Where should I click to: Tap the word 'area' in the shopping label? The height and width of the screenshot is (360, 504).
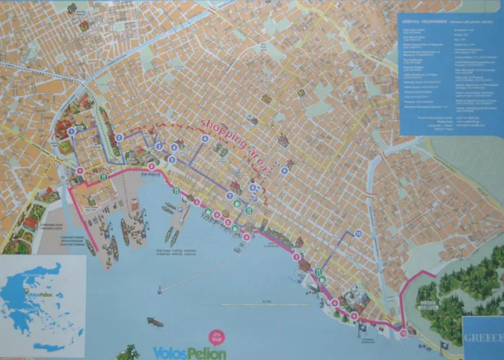(256, 160)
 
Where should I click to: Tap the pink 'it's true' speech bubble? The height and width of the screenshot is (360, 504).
(216, 336)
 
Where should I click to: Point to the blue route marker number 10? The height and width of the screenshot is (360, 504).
(358, 233)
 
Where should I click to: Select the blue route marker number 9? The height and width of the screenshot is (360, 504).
(284, 171)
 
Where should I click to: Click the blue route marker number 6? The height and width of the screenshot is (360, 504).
(205, 138)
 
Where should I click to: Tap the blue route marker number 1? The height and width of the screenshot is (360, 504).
(71, 131)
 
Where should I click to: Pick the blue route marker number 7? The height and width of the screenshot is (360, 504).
(230, 195)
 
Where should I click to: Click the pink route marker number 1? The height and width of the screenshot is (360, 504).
(80, 171)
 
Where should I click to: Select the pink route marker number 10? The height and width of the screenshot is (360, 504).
(402, 333)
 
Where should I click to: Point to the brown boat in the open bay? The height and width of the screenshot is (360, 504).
(155, 322)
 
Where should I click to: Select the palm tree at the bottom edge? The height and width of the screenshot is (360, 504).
(128, 353)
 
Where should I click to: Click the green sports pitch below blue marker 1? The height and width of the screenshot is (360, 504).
(66, 147)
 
